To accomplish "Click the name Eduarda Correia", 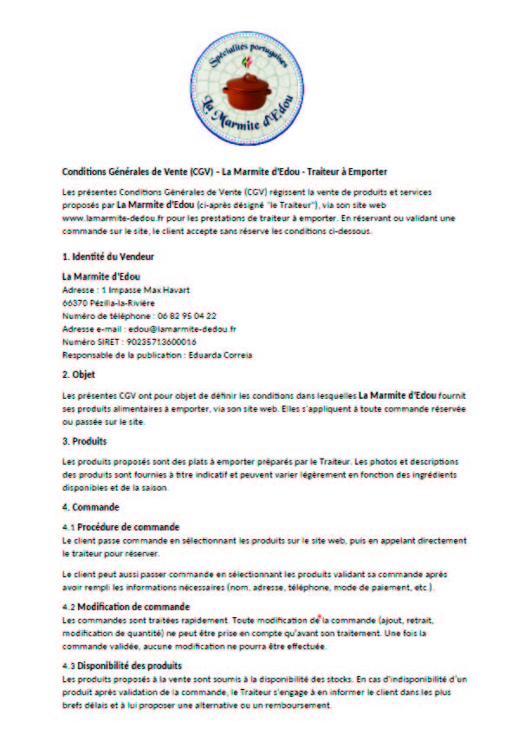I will pyautogui.click(x=215, y=355).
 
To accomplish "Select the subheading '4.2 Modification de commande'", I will pyautogui.click(x=126, y=606).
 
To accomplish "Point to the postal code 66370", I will pyautogui.click(x=74, y=302).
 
